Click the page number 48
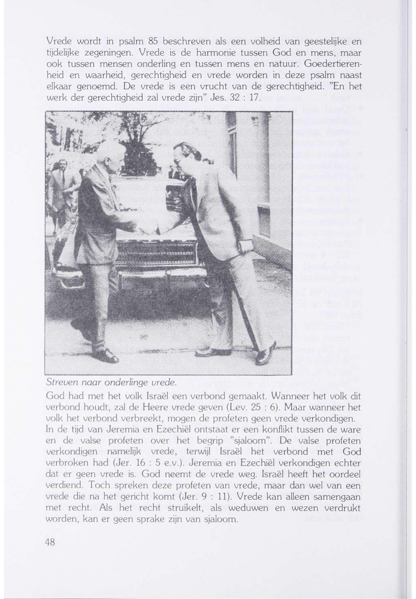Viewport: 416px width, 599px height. click(x=50, y=542)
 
